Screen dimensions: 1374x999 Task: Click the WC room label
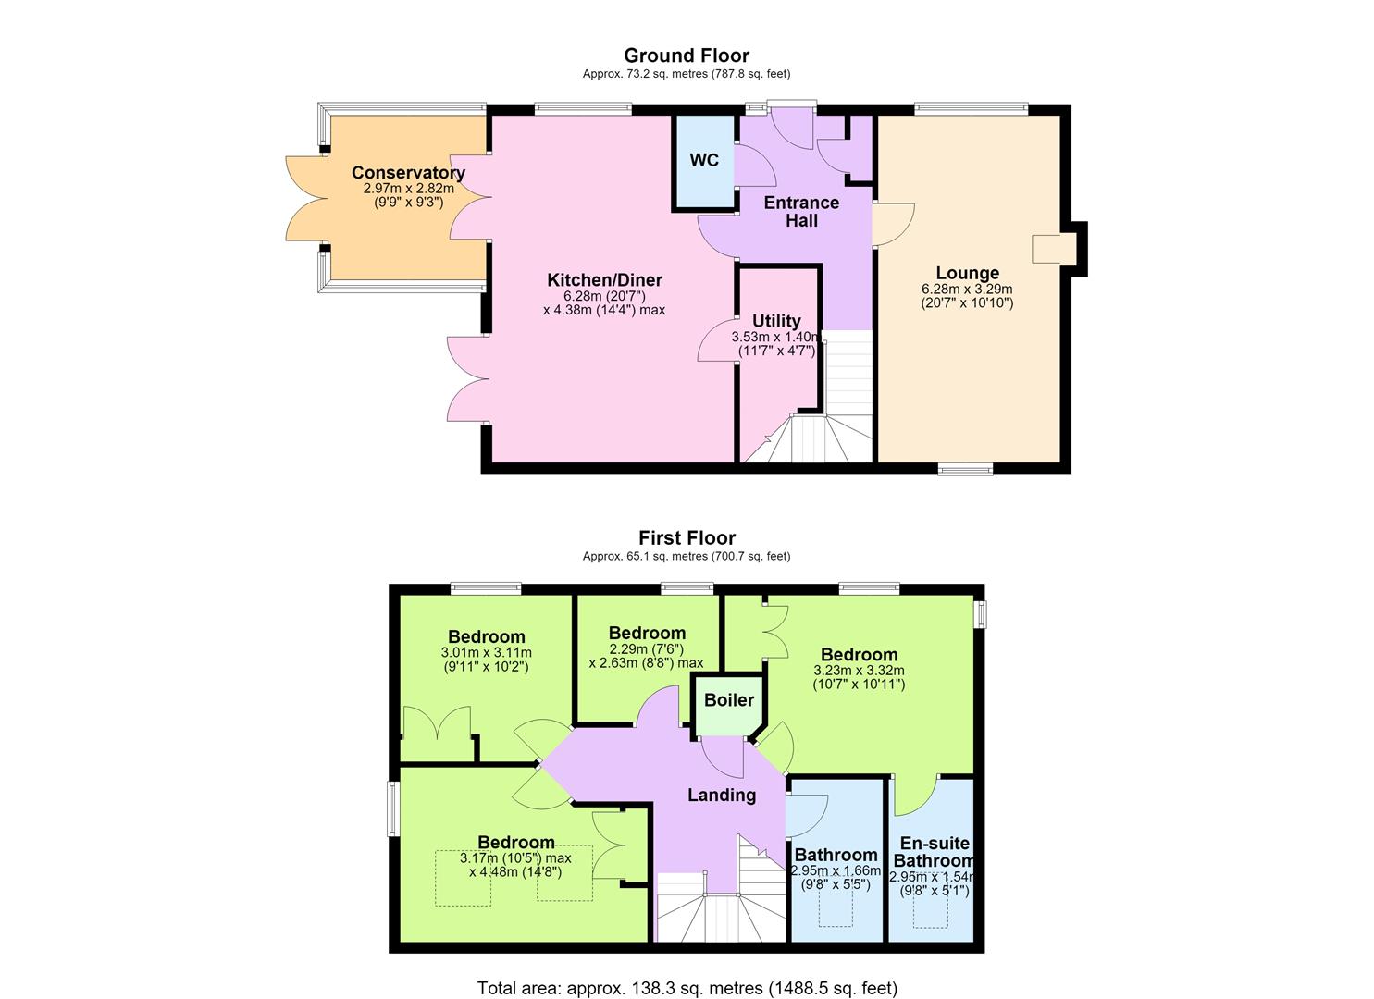coord(703,160)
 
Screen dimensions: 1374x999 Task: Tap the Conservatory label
coord(408,172)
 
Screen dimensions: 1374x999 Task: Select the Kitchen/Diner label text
coord(604,280)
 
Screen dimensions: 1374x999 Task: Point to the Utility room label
coord(776,321)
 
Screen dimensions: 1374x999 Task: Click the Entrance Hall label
coord(801,212)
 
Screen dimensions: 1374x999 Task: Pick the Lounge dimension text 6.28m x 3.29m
coord(967,289)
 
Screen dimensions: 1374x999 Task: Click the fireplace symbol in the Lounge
coord(1054,249)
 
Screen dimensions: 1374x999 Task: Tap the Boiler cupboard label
coord(729,699)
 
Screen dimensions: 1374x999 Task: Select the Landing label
coord(722,795)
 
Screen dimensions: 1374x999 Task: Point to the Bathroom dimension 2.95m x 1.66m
coord(836,870)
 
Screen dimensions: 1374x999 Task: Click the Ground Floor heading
coord(687,55)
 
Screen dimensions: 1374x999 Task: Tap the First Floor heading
coord(687,537)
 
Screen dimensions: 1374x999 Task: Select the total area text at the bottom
coord(687,971)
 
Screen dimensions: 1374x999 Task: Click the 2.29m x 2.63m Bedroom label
coord(647,633)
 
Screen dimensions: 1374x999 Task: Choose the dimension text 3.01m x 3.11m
coord(486,652)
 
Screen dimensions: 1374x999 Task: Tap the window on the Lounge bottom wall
coord(965,469)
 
